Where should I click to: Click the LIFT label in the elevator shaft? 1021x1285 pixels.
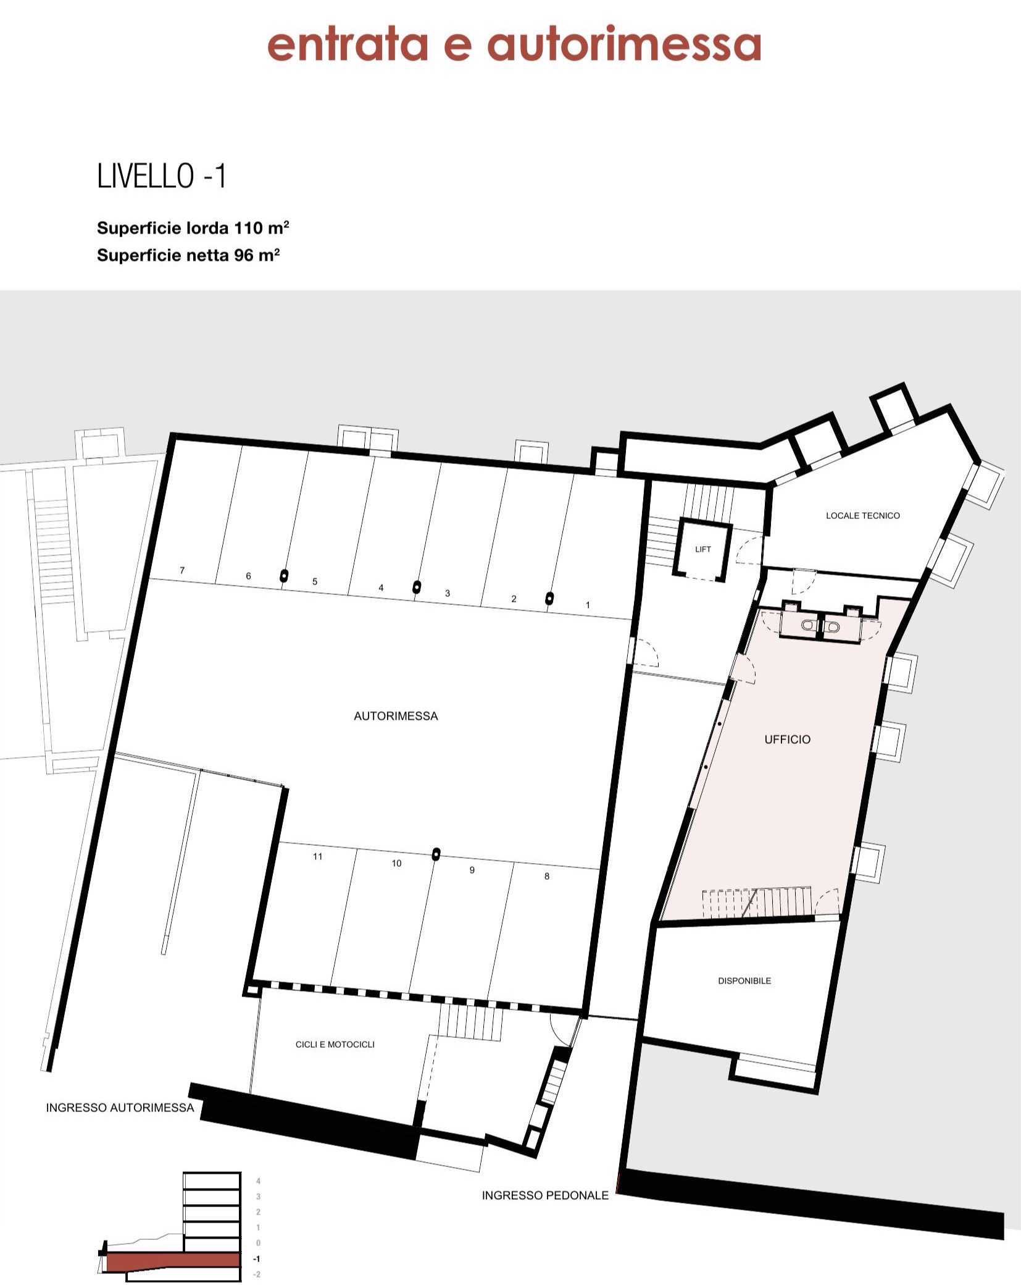point(703,549)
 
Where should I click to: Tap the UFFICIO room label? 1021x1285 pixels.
point(787,739)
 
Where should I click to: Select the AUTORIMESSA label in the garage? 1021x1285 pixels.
point(396,716)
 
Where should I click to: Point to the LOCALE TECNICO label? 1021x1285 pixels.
point(862,515)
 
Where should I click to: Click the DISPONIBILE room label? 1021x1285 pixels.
point(744,980)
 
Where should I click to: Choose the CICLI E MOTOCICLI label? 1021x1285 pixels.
point(335,1044)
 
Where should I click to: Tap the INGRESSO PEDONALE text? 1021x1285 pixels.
point(545,1195)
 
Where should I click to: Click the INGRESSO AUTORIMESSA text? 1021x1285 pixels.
point(120,1108)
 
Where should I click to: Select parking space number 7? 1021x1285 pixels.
point(182,570)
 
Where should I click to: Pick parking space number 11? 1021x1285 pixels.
point(317,856)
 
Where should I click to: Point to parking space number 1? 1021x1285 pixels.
point(588,605)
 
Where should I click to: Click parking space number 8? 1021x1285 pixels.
point(546,876)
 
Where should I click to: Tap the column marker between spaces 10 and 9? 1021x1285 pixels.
point(436,854)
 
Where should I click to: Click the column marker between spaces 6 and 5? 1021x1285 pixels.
point(284,576)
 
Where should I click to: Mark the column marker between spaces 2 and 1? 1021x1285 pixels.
point(549,598)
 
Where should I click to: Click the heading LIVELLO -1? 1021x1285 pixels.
point(162,176)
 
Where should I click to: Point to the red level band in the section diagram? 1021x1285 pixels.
point(173,1260)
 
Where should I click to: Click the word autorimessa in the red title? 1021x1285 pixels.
point(624,44)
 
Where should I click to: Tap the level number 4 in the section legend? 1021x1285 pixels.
point(258,1181)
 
